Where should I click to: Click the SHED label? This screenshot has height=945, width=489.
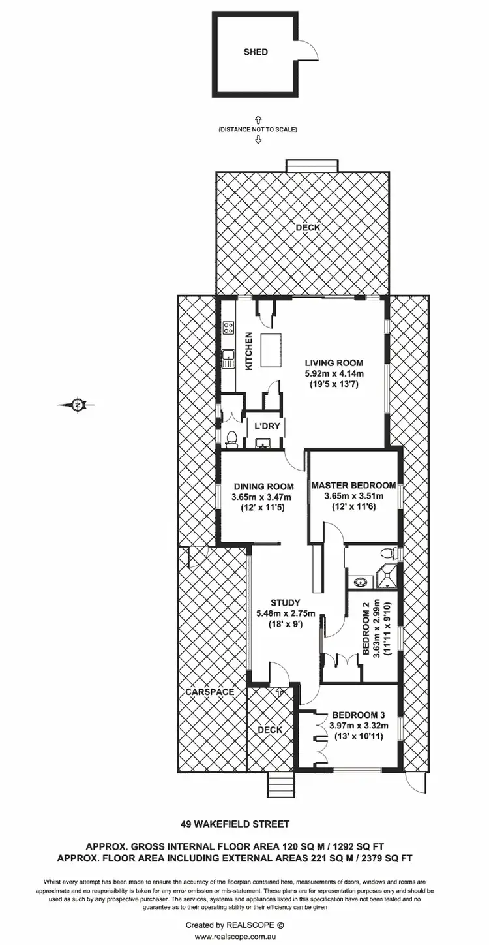coord(256,52)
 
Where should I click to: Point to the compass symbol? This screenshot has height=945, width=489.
coord(78,405)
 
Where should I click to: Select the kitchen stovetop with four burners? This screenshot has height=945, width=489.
coord(228,328)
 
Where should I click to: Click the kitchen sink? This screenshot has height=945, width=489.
coord(228,357)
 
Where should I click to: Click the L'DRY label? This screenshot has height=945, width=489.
coord(267,426)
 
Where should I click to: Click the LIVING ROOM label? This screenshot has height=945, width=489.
coord(333,363)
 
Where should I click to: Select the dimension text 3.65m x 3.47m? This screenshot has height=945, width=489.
coord(263,497)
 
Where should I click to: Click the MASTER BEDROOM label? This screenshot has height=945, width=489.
coord(353,486)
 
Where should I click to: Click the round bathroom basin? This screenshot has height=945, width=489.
coord(361,580)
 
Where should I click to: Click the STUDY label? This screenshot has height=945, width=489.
coord(286,602)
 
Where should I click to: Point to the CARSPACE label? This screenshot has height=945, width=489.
coord(209,692)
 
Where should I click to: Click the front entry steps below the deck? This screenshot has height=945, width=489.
coord(282,781)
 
